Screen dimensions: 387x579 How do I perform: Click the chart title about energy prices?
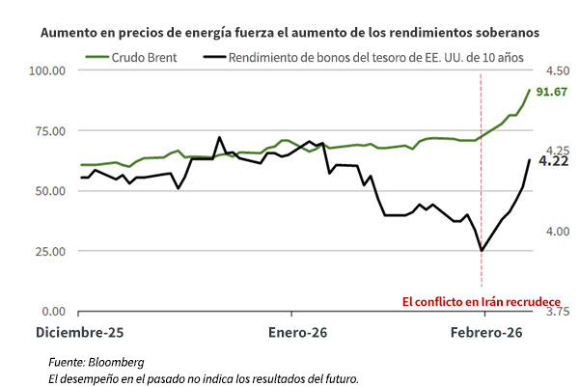289,32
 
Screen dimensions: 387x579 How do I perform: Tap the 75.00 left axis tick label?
48,130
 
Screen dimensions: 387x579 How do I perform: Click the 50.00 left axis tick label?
48,191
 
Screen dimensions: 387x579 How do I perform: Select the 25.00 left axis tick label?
48,251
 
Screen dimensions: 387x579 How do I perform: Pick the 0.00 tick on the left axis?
52,312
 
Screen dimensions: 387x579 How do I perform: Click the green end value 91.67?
552,92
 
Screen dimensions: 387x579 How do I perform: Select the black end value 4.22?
552,161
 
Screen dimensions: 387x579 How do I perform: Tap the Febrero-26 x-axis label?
486,331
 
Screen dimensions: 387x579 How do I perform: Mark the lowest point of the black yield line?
482,251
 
